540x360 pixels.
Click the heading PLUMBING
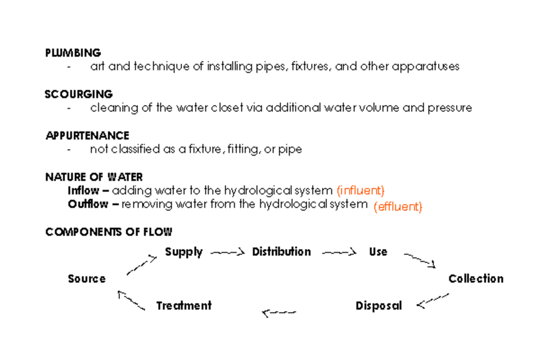[73, 53]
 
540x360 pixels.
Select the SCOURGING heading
[79, 94]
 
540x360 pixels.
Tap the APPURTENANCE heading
[87, 135]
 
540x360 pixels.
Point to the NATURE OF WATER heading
[94, 177]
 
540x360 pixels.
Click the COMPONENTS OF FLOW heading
[108, 232]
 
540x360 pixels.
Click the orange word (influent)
[360, 190]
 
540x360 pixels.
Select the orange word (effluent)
[398, 207]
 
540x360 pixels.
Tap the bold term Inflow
[83, 190]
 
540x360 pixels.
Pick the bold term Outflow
[88, 204]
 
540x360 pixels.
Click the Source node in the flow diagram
[87, 279]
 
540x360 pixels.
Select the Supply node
[184, 252]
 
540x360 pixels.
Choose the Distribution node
[281, 252]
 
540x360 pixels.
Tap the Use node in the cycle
[378, 252]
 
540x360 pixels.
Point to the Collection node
[476, 279]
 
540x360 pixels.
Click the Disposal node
[378, 306]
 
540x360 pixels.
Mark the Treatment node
[184, 306]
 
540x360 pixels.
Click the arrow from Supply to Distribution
[227, 252]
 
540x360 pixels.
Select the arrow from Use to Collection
[420, 261]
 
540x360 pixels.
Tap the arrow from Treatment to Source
[131, 301]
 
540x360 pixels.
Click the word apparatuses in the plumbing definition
[426, 67]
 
